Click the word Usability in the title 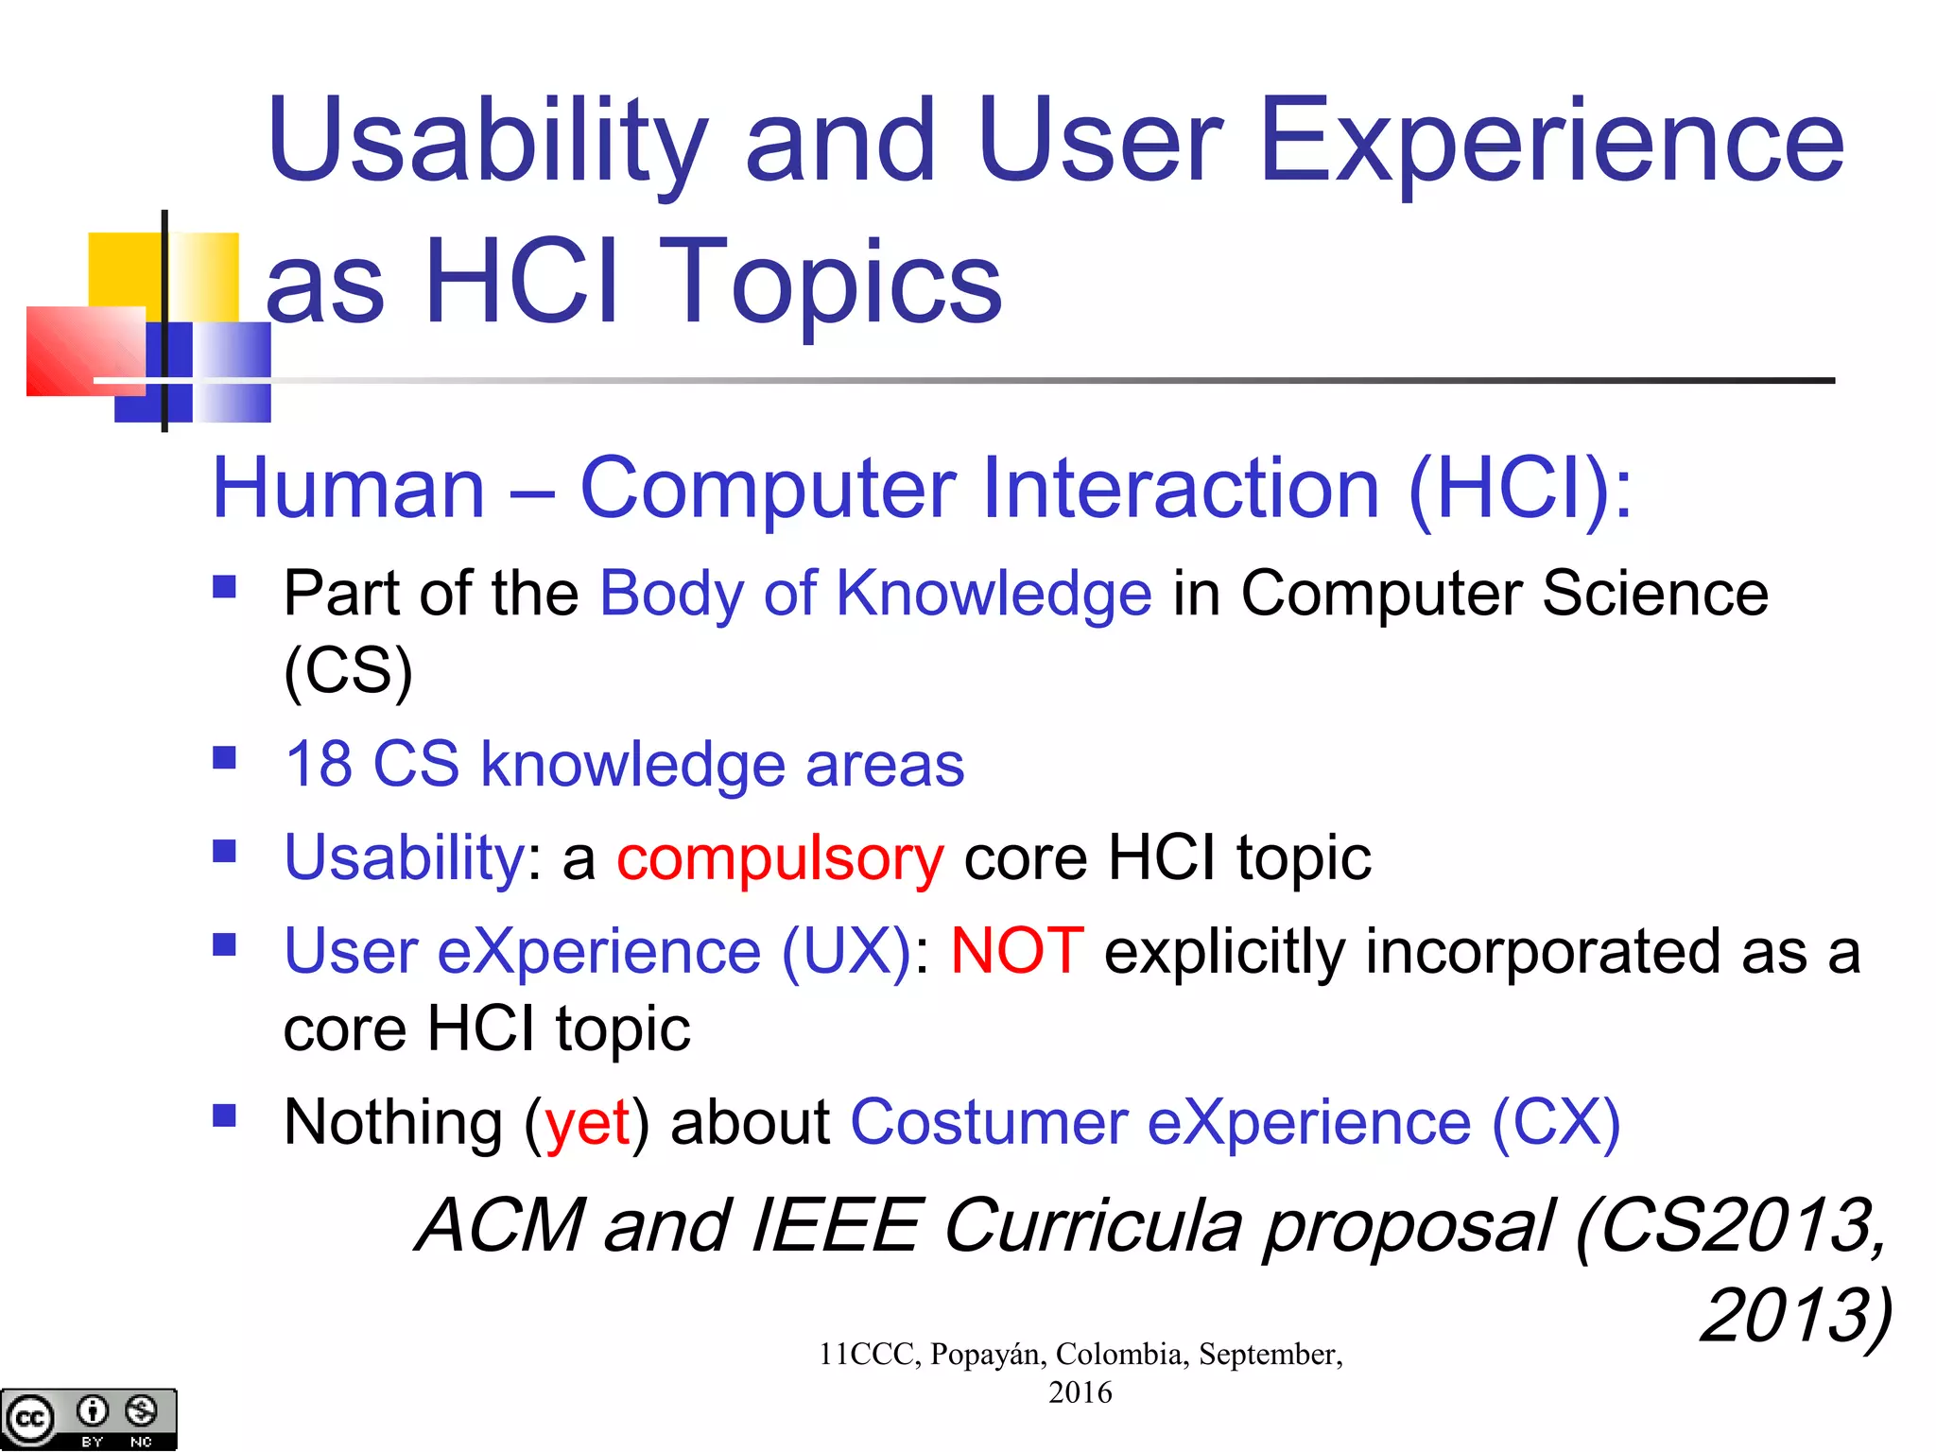point(487,142)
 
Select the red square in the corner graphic point(85,352)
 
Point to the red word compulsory point(780,858)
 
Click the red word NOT point(1017,951)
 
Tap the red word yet point(588,1123)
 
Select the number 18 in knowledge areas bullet point(319,764)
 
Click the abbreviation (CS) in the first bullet point(348,671)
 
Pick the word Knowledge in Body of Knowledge point(994,594)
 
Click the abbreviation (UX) point(846,951)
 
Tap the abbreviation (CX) point(1556,1123)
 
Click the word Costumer point(989,1123)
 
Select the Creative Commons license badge point(88,1418)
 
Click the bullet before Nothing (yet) point(224,1116)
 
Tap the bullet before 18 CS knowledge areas point(224,758)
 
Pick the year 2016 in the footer point(1080,1392)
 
